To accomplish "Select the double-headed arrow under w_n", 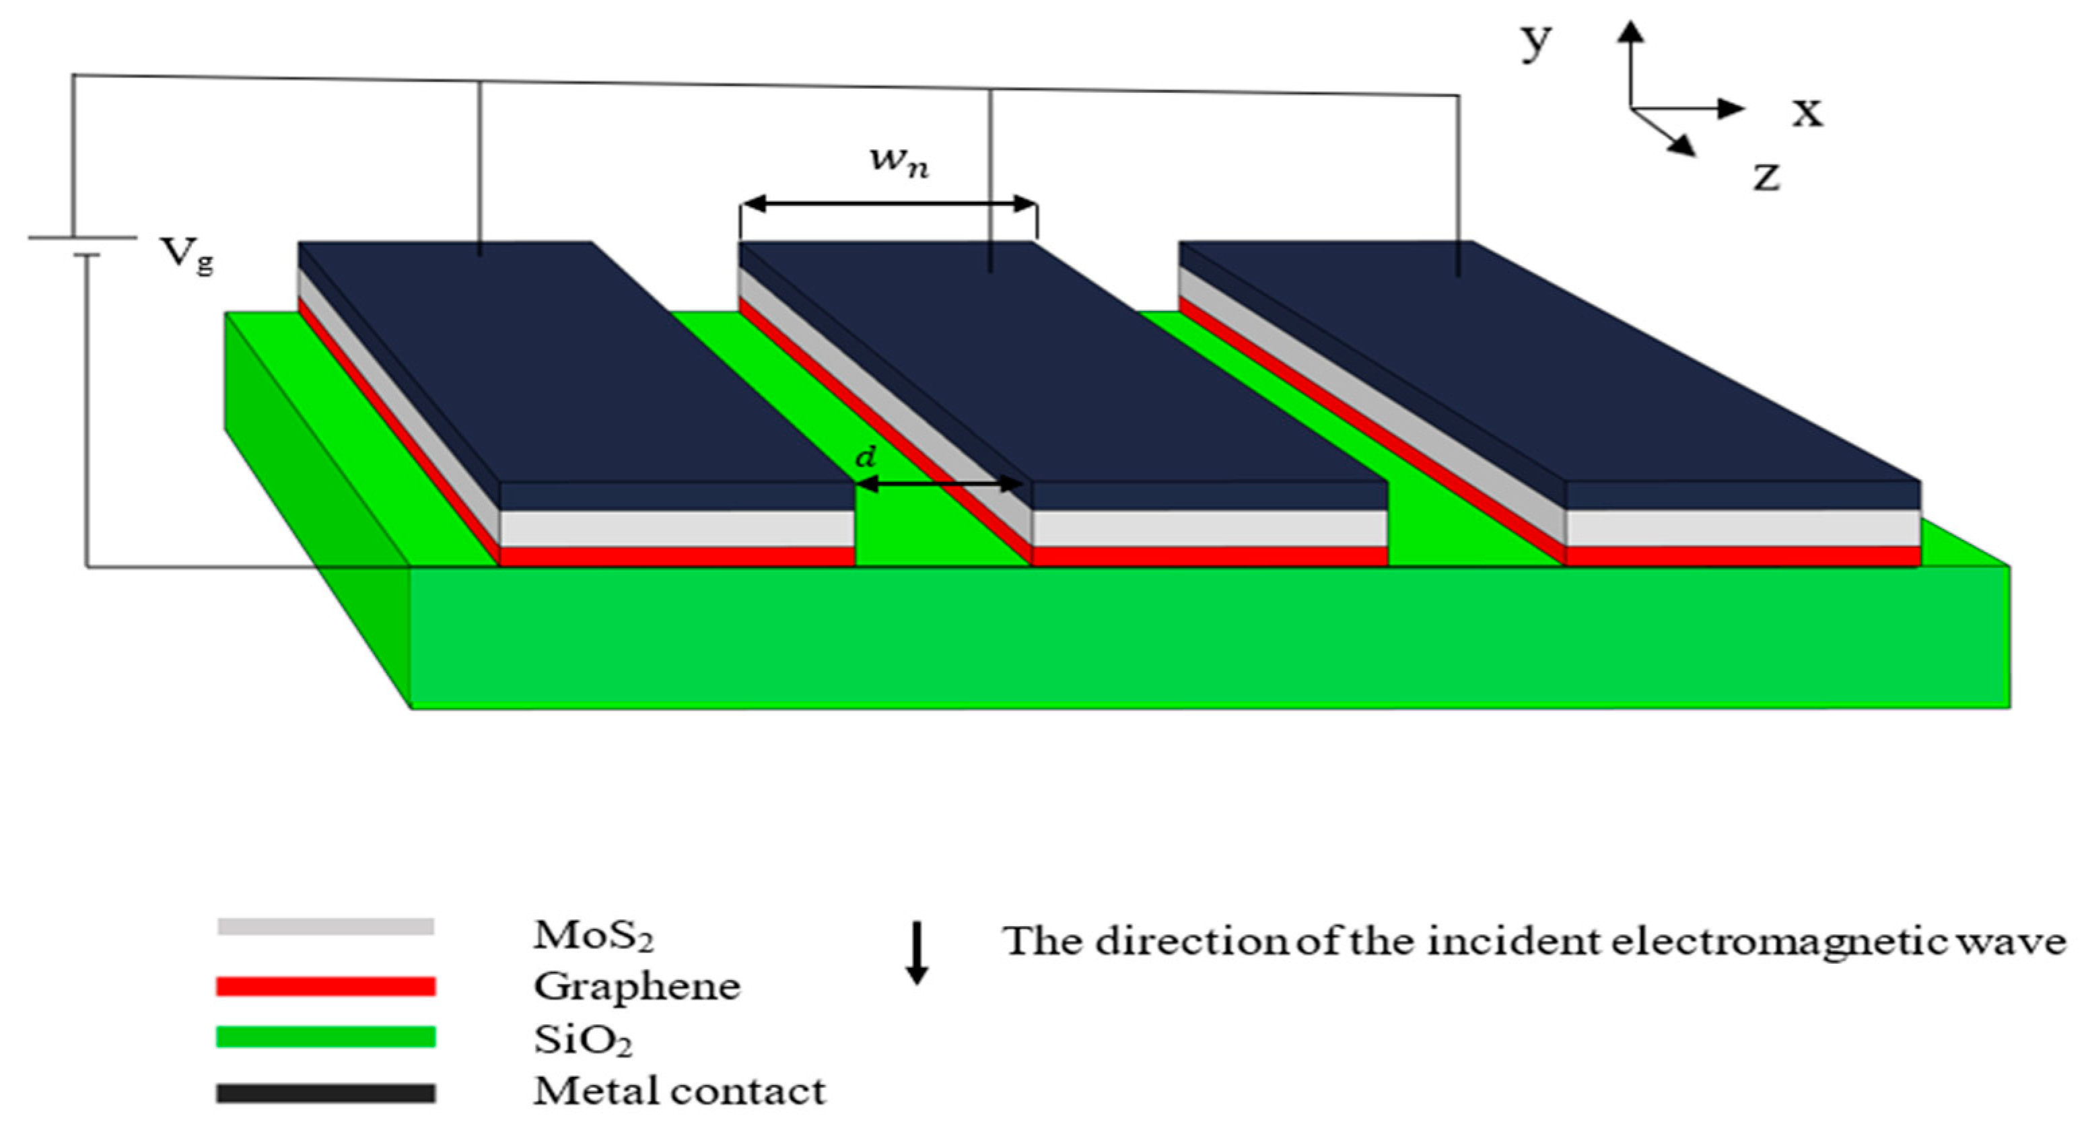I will (889, 204).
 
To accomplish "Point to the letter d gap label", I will (866, 458).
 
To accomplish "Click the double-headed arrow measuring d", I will (940, 484).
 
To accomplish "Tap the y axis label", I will (1535, 42).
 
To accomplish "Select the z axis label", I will (1766, 176).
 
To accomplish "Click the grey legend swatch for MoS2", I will (326, 927).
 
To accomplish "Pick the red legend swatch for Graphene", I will (326, 986).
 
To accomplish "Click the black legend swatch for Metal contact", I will (326, 1094).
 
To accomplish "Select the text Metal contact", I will (679, 1091).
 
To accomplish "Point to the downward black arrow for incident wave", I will (917, 953).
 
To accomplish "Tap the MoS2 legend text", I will (593, 936).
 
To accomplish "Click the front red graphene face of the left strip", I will (677, 557).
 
